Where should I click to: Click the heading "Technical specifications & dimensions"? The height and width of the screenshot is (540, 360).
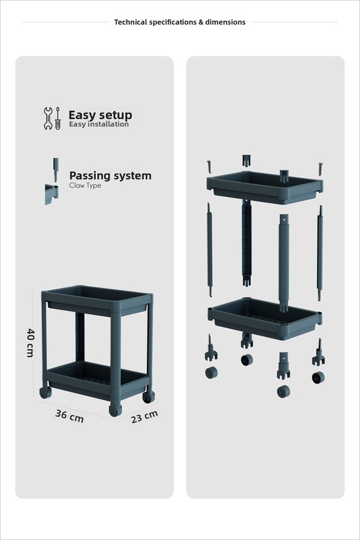tap(180, 23)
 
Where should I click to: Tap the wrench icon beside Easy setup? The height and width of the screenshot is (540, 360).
tap(48, 118)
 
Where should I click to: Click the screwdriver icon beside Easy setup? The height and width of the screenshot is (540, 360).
tap(57, 118)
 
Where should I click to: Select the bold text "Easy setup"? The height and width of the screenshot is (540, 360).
tap(100, 115)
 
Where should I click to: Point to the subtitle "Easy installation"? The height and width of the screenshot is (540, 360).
tap(99, 124)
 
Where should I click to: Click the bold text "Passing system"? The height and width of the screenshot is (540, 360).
tap(110, 175)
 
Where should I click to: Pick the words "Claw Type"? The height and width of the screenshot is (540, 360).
tap(85, 185)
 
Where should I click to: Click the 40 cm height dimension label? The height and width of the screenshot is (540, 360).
tap(30, 343)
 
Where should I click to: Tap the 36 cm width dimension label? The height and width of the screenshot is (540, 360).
tap(69, 416)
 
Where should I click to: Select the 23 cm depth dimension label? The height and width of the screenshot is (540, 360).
tap(145, 417)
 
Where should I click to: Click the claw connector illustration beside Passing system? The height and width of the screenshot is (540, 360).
tap(52, 181)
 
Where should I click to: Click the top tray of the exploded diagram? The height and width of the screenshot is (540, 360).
tap(265, 187)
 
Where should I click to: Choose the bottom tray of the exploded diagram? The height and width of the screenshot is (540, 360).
tap(265, 318)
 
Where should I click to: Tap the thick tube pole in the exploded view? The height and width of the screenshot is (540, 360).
tap(283, 263)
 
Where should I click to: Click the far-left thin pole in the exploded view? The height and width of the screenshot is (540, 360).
tap(210, 250)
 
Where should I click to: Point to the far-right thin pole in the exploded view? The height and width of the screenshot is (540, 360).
tap(320, 253)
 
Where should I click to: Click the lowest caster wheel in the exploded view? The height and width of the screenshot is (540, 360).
tap(283, 391)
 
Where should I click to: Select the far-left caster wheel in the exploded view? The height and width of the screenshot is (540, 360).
tap(211, 373)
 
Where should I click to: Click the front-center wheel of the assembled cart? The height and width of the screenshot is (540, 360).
tap(115, 411)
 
